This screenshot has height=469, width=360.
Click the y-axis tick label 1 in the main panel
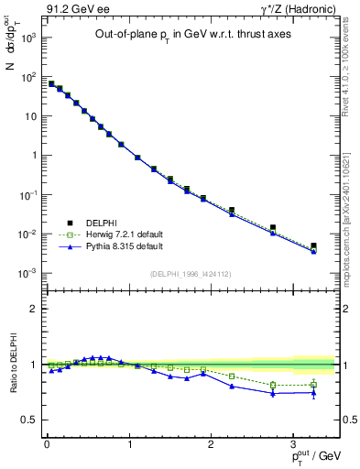tap(34, 156)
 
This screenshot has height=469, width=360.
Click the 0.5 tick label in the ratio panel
tap(30, 420)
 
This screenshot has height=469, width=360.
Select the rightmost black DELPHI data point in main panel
tap(314, 245)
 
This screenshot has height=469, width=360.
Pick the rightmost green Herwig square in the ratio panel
tap(314, 384)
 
